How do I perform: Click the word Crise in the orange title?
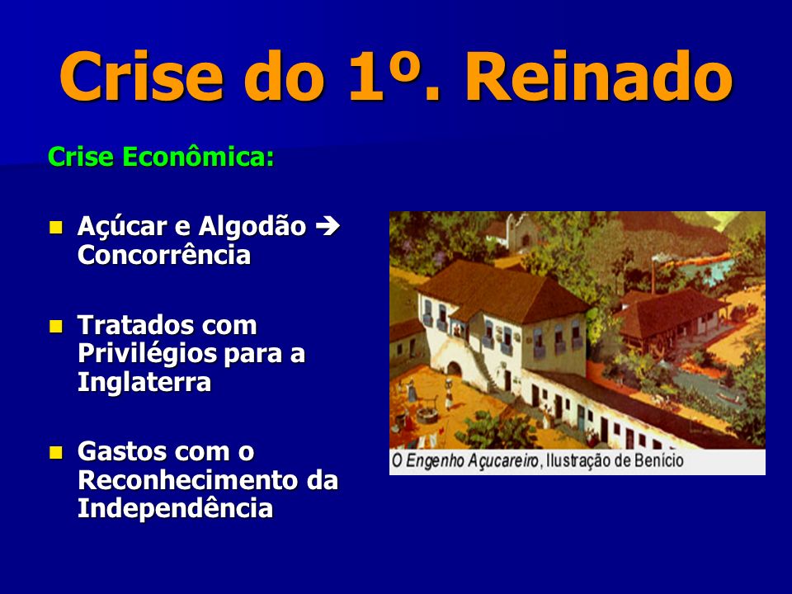click(141, 76)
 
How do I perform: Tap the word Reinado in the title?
click(599, 76)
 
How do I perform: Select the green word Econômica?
click(198, 157)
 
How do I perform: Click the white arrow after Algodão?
click(328, 226)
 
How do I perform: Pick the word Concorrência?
click(164, 255)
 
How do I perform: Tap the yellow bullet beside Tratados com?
click(55, 326)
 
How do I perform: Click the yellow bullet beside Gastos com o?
click(55, 452)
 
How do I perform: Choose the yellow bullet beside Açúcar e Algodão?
click(55, 228)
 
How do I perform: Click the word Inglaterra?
click(144, 382)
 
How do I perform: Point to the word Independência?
click(175, 508)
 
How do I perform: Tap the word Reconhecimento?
click(188, 480)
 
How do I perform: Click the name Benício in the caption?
click(660, 460)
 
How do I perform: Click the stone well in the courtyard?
click(427, 411)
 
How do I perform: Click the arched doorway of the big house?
click(454, 369)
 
